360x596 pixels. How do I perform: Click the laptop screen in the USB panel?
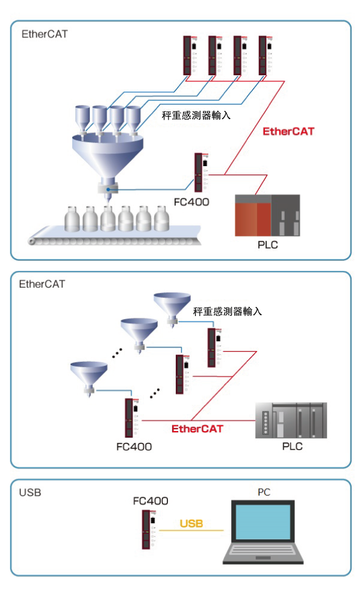coord(263,522)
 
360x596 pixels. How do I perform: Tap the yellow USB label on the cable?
coord(191,523)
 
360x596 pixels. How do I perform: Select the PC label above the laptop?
coord(264,492)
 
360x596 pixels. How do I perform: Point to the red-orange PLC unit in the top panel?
coord(253,216)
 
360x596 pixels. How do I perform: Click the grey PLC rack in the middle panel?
coord(291,420)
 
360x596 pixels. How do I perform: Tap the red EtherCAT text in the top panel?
coord(288,131)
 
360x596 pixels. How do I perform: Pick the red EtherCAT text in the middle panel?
coord(197,429)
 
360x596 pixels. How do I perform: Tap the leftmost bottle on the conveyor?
coord(73,219)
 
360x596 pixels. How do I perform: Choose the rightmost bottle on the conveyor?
coord(161,219)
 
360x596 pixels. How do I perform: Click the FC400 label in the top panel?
coord(191,202)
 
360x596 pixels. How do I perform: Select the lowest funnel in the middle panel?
coord(89,378)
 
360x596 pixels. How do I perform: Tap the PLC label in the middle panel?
coord(293,446)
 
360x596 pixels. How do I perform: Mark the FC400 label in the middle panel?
coord(134,447)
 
